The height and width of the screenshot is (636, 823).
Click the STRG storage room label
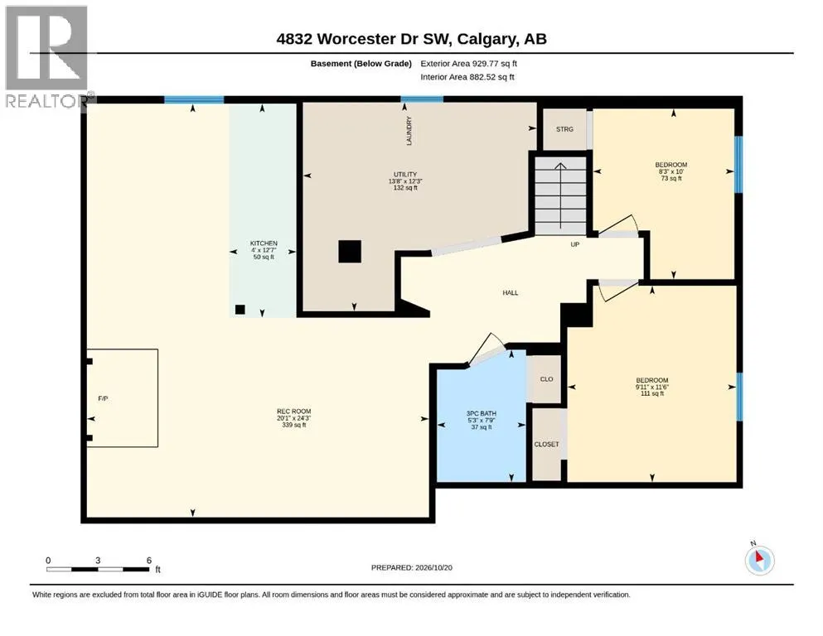(564, 129)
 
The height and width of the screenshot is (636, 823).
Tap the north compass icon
(759, 560)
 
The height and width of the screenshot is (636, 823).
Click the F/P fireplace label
(104, 398)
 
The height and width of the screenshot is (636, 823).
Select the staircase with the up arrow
(560, 196)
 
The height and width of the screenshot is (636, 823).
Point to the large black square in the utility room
(350, 251)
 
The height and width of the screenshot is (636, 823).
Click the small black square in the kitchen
(240, 310)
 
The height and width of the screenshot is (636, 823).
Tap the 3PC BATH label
(482, 414)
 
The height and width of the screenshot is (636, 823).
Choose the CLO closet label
(546, 379)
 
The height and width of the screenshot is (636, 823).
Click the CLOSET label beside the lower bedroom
(546, 444)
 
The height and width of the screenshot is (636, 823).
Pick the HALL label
(511, 293)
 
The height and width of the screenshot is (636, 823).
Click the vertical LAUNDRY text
(409, 131)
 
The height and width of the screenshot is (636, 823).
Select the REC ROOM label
(294, 412)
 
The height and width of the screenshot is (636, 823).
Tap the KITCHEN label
(264, 243)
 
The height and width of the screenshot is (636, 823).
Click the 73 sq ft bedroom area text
(671, 178)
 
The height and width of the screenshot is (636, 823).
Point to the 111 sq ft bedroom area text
(652, 393)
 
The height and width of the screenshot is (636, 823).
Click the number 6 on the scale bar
(149, 561)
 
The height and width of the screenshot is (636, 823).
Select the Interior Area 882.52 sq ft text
(467, 77)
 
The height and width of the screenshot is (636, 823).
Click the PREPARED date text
(411, 567)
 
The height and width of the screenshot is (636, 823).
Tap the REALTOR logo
(48, 56)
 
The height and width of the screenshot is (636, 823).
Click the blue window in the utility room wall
(422, 99)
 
